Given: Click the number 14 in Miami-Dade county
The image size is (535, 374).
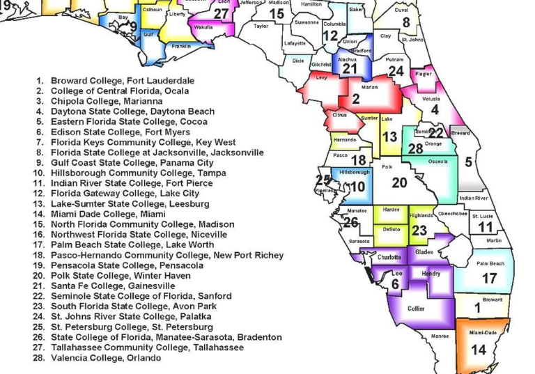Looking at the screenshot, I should tap(478, 350).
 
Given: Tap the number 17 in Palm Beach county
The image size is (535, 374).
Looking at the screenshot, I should tap(489, 279).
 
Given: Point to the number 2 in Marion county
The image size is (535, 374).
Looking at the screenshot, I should tap(355, 99).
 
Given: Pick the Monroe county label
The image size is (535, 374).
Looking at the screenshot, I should tap(440, 336).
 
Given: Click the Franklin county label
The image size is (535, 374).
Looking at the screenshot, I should tap(181, 46).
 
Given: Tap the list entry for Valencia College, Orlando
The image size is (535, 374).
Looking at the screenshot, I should tap(105, 357).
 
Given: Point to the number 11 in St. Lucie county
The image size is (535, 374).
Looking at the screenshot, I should tap(486, 227).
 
